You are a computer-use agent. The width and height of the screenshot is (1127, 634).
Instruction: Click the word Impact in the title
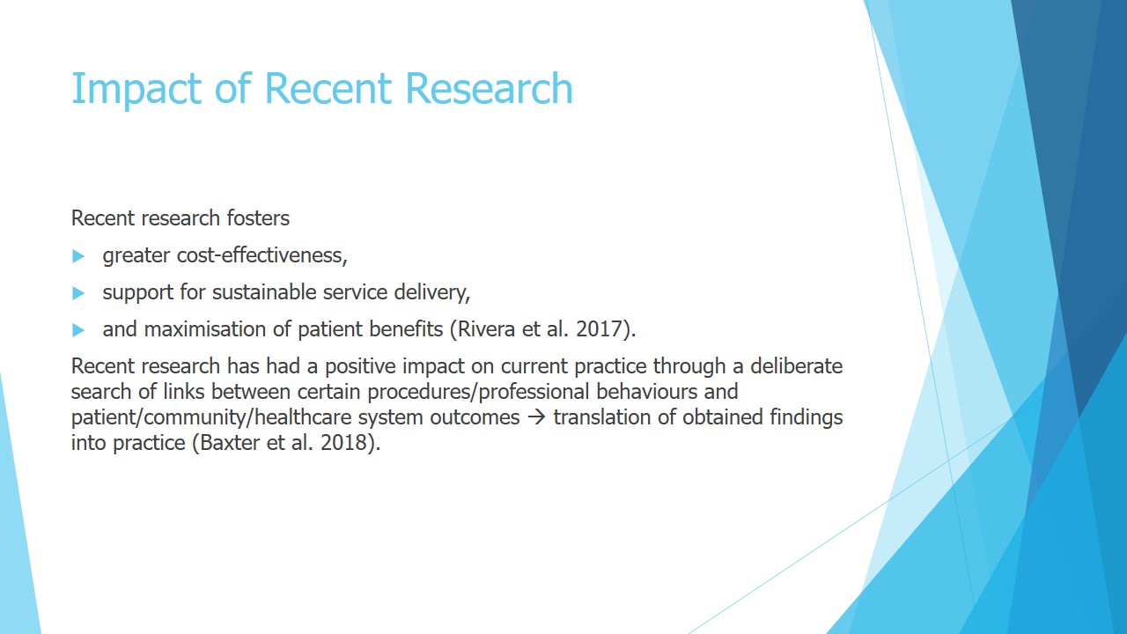pos(136,89)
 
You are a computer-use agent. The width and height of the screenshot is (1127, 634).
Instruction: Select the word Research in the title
pos(489,89)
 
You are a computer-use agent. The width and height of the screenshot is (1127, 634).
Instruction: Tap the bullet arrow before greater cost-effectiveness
pos(78,256)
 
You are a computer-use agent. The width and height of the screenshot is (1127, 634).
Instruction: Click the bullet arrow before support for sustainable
pos(78,293)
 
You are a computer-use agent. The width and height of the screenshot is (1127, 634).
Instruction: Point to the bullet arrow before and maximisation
pos(78,330)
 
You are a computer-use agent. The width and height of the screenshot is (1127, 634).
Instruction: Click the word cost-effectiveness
pos(262,255)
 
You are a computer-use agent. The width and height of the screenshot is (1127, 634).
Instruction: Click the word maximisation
pos(205,329)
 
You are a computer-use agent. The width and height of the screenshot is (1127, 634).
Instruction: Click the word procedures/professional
pos(478,393)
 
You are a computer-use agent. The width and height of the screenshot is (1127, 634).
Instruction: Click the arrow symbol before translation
pos(536,417)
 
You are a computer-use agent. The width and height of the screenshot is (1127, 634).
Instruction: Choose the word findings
pos(806,418)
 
